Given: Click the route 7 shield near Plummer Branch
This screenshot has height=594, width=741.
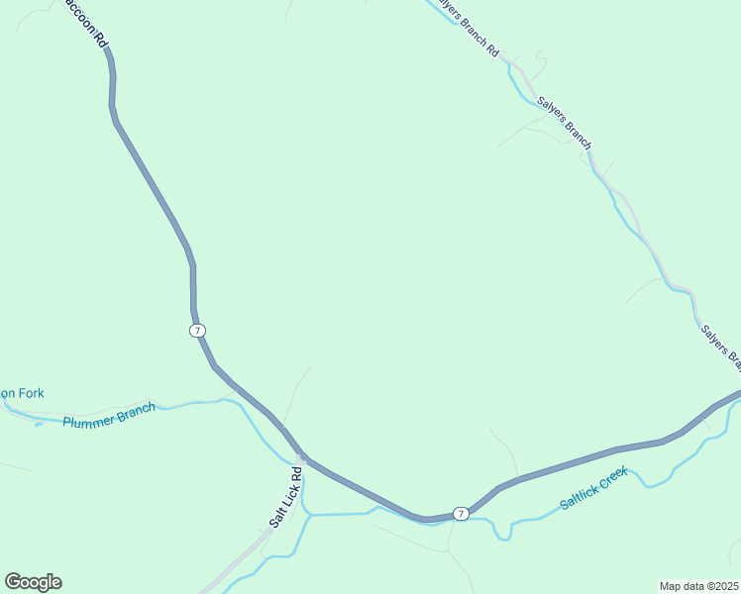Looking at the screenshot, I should coord(198,330).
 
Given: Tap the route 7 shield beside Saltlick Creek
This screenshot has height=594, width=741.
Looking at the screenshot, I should coord(461,513).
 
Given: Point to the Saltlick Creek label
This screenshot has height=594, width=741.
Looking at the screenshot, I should coord(595,490).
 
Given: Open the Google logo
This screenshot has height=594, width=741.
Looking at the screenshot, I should coord(33,582).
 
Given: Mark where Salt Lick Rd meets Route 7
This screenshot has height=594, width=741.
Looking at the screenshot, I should coord(301,458).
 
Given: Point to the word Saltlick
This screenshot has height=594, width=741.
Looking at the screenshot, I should coord(578,498).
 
